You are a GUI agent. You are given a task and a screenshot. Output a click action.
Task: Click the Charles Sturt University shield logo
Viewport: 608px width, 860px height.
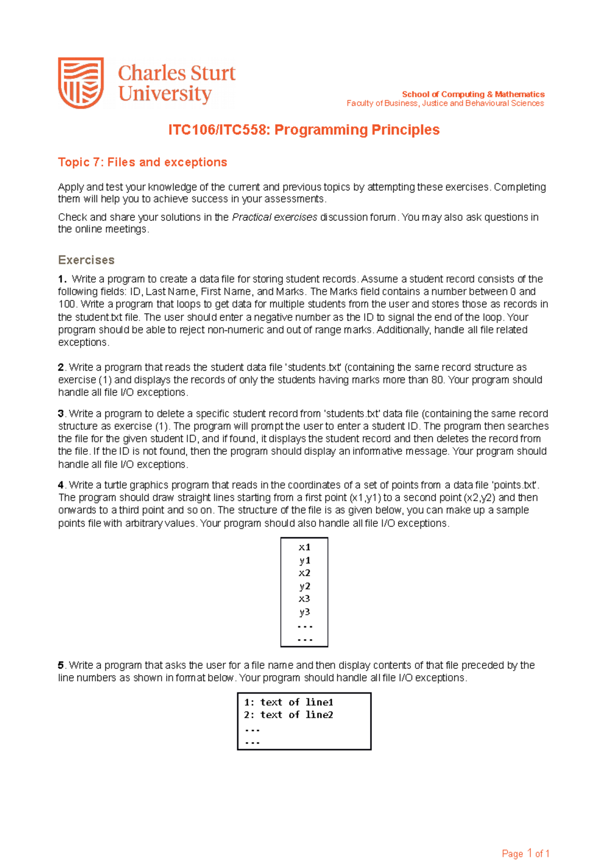click(x=81, y=83)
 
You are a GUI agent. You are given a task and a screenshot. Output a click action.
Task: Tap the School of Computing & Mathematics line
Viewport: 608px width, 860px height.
click(x=473, y=94)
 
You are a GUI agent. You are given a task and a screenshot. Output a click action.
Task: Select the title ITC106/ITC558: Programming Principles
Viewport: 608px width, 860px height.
click(x=303, y=130)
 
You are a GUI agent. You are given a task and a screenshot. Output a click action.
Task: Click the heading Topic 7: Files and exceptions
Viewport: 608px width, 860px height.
click(x=142, y=162)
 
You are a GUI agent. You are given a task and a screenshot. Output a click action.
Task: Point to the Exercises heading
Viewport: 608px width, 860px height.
click(x=86, y=260)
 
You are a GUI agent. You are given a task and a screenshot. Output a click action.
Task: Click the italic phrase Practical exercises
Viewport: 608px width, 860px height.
click(x=274, y=217)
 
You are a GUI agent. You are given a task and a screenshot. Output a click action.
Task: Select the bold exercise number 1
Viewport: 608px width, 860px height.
click(x=62, y=279)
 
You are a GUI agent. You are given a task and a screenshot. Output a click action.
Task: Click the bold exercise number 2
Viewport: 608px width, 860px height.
click(x=61, y=367)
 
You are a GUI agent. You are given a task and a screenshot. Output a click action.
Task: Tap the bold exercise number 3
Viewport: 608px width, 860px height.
click(x=61, y=414)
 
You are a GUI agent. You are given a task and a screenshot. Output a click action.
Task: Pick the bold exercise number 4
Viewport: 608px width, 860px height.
click(x=61, y=485)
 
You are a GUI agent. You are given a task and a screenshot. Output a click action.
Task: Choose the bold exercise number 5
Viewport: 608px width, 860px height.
click(x=61, y=665)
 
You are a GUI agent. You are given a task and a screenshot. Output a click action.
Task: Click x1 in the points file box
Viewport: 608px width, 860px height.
click(x=305, y=547)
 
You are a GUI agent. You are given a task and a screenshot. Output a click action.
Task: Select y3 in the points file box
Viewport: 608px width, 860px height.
click(x=305, y=612)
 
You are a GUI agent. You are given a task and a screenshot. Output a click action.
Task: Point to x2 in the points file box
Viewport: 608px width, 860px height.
click(x=305, y=573)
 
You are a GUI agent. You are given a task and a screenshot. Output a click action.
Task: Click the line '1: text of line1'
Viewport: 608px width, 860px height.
click(x=288, y=702)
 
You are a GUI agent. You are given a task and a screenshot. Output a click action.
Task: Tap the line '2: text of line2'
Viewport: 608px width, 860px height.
click(x=288, y=715)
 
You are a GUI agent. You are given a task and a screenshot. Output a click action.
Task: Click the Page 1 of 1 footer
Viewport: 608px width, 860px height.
click(x=525, y=839)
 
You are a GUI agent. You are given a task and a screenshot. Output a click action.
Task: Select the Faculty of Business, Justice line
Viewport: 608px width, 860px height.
click(x=445, y=103)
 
